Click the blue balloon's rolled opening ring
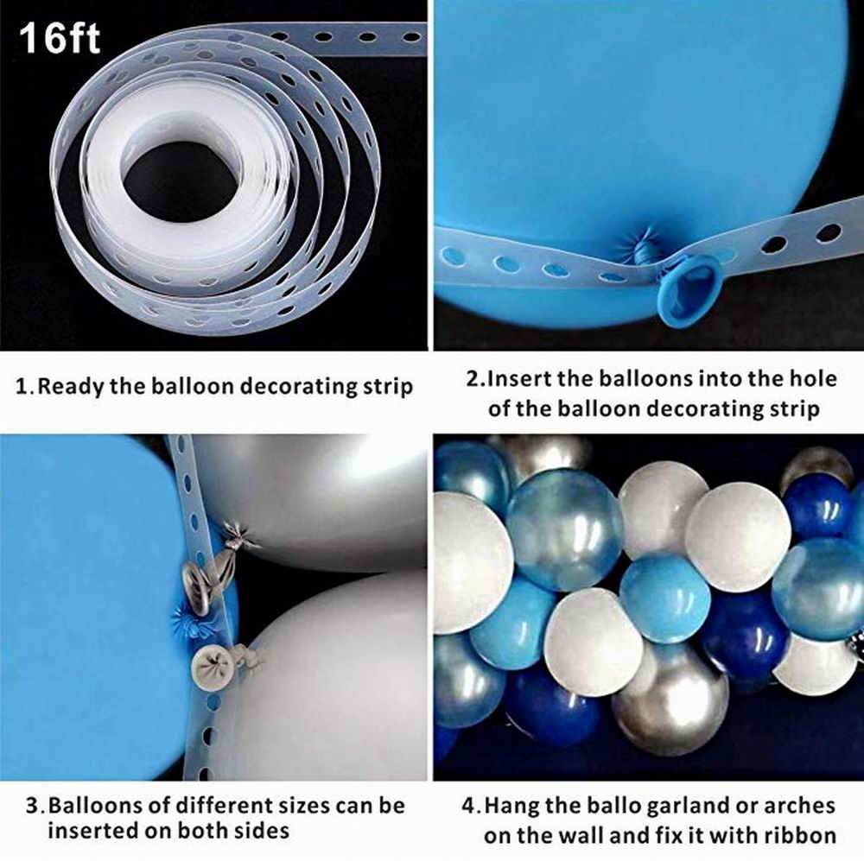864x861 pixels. [690, 288]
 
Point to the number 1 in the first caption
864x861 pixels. [23, 386]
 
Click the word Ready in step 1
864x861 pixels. [70, 386]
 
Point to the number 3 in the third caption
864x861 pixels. [33, 807]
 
